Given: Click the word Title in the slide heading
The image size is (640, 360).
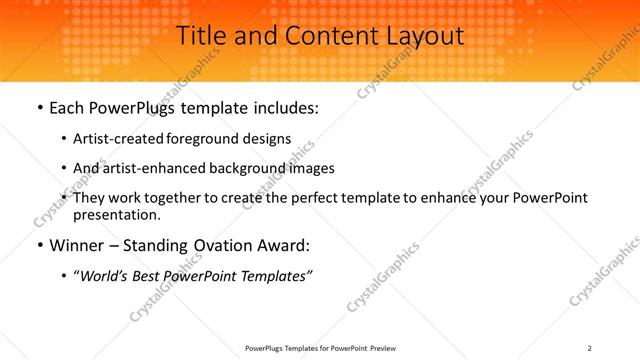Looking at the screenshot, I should click(x=201, y=35).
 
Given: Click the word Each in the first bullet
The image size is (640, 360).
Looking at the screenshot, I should click(x=67, y=107).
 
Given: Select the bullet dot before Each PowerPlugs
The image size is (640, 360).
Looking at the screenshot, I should click(x=38, y=108).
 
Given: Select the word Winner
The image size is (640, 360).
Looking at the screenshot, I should click(x=77, y=245).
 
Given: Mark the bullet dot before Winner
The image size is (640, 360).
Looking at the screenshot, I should click(x=38, y=246).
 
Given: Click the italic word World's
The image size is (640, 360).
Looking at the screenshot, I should click(x=104, y=276).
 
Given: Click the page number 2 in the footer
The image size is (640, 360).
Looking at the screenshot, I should click(x=591, y=347).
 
